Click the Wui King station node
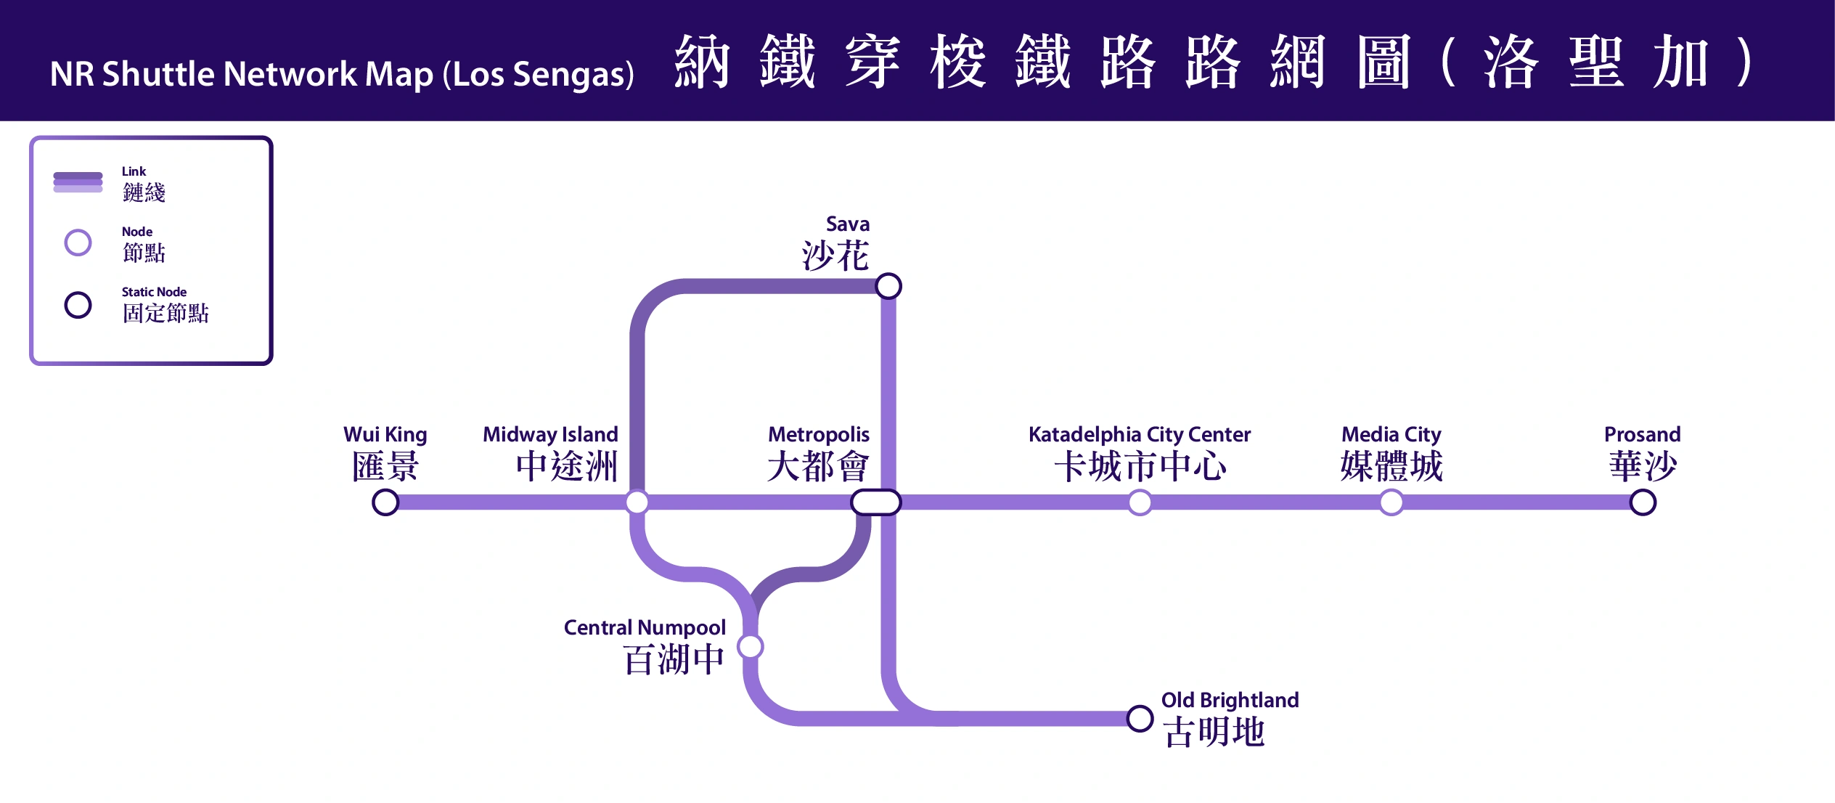coord(385,502)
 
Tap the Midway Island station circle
coord(637,502)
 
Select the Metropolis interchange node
coord(875,502)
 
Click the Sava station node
coord(888,286)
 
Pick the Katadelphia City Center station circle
coord(1140,502)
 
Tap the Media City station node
coord(1391,502)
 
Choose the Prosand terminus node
coord(1643,502)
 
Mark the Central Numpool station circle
coord(751,646)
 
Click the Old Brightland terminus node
coord(1140,719)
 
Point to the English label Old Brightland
coord(1230,700)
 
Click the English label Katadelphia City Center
coord(1140,434)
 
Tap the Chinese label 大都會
coord(817,466)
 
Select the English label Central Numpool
coord(645,627)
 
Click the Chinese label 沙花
coord(835,256)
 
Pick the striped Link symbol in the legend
coord(78,182)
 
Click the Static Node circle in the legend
coord(78,305)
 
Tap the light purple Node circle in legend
coord(78,242)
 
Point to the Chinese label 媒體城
coord(1391,466)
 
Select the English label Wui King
coord(385,434)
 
